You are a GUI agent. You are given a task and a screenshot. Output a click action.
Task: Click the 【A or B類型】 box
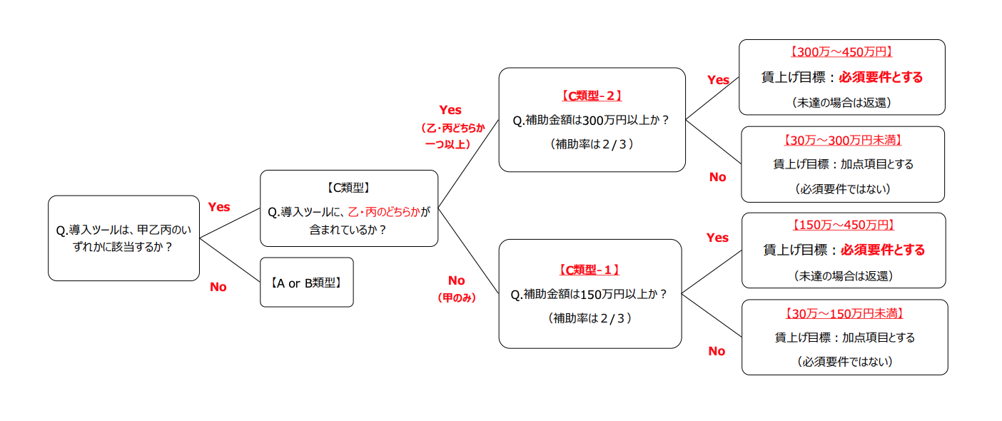[306, 283]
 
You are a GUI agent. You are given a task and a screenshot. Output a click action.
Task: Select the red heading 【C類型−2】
[592, 96]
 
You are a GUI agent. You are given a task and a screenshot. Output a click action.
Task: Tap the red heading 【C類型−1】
[589, 270]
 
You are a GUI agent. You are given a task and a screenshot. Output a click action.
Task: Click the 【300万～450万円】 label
[841, 52]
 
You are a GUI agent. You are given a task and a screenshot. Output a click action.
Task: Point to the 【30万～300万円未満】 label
[842, 141]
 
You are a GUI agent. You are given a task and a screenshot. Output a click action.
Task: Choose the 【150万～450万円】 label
[843, 225]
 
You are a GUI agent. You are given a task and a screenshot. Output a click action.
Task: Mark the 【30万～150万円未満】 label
[844, 314]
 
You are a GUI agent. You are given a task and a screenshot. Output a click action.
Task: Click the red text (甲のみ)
[456, 298]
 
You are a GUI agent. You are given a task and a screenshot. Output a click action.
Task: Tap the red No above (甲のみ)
[456, 280]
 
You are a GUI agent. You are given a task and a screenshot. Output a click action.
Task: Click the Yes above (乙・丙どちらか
[450, 110]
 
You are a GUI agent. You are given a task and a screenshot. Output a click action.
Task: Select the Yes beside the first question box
[218, 207]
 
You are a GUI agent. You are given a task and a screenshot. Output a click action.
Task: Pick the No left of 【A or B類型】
[218, 287]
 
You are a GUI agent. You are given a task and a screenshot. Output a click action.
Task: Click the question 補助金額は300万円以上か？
[591, 121]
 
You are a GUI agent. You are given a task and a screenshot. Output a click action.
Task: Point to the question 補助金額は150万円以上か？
[589, 295]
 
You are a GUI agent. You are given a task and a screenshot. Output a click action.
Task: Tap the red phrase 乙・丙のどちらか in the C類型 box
[384, 212]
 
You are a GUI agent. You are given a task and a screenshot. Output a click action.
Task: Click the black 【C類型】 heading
[348, 188]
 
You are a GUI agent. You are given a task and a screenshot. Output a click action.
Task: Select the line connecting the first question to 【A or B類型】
[230, 260]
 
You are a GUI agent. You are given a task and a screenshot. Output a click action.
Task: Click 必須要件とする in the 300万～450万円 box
[881, 77]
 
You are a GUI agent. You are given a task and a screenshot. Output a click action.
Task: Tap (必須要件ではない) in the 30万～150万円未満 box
[844, 362]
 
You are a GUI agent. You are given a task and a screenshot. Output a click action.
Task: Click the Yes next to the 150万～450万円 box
[717, 238]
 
